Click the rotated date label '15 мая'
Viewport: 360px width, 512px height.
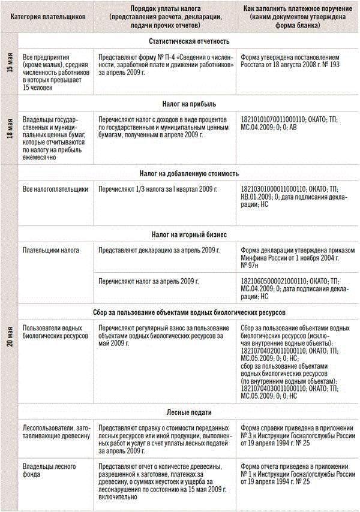tap(9, 63)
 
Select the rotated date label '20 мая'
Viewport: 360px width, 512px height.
tap(9, 339)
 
